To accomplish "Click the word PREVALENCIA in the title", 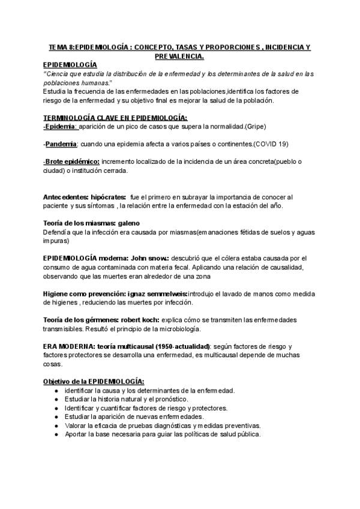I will click(179, 56).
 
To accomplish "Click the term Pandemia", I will click(61, 144).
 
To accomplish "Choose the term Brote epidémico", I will click(73, 161).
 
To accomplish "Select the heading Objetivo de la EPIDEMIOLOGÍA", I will click(94, 381).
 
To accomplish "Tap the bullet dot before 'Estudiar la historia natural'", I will click(56, 399).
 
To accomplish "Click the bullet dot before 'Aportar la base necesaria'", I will click(56, 434).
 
